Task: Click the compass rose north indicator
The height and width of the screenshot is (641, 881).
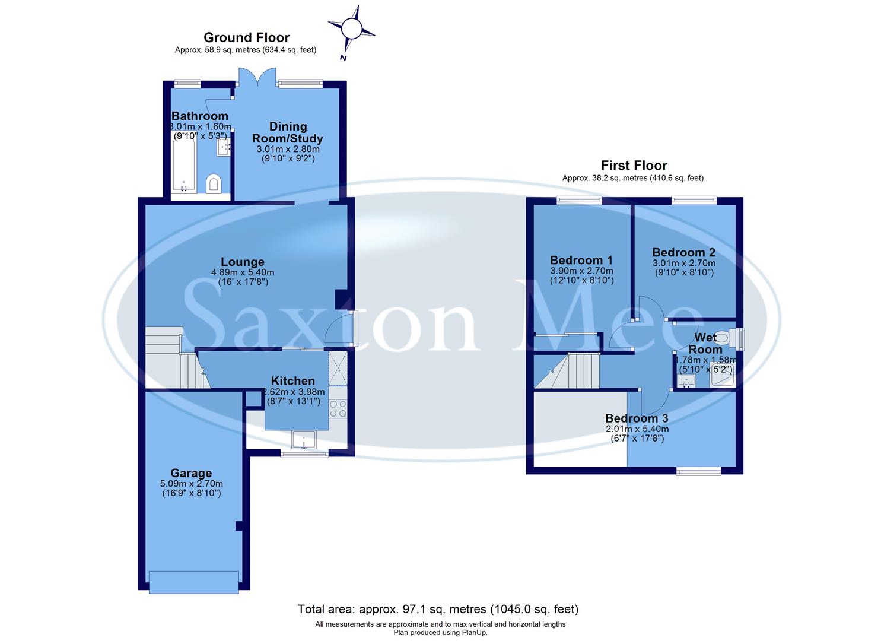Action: click(x=351, y=28)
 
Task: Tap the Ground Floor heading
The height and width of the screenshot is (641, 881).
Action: click(x=246, y=38)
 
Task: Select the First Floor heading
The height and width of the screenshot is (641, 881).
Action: click(x=634, y=166)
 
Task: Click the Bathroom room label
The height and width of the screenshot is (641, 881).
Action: click(x=200, y=116)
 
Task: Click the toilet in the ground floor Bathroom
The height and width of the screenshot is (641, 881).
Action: click(x=213, y=184)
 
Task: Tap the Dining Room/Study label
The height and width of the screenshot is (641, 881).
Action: click(x=288, y=132)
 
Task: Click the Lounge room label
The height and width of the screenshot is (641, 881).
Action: click(x=243, y=262)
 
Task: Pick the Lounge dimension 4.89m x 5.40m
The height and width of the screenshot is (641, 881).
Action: click(x=243, y=272)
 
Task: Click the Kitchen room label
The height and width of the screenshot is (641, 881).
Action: click(x=292, y=381)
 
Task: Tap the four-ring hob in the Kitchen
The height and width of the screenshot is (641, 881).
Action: click(x=338, y=408)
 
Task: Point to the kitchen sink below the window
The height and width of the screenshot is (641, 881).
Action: click(x=304, y=440)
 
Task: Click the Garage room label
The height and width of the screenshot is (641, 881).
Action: click(x=191, y=473)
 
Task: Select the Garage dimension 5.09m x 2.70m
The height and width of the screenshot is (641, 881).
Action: click(x=191, y=484)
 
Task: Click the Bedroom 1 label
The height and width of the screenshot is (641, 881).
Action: click(x=581, y=260)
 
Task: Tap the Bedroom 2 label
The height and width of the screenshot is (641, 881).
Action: click(x=683, y=252)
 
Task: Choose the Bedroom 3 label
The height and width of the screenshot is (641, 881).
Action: click(x=637, y=418)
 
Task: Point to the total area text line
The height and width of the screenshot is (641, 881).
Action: click(x=438, y=609)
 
